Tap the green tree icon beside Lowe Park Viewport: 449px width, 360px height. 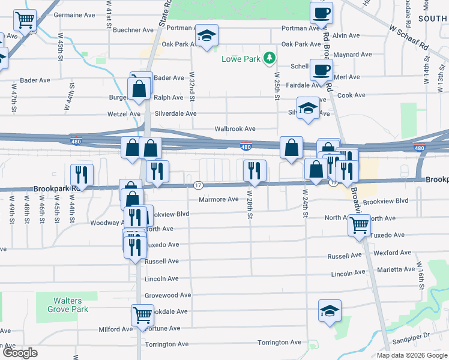tap(271, 58)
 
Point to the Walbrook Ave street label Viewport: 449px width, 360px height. tap(236, 129)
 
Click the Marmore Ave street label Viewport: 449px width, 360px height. tap(218, 199)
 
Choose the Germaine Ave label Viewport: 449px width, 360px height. tap(74, 14)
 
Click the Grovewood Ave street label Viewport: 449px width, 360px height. tap(168, 295)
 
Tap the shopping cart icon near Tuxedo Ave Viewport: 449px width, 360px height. tap(360, 226)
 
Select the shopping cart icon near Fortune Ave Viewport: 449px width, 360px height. tap(142, 314)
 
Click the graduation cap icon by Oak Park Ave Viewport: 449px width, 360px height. tap(207, 37)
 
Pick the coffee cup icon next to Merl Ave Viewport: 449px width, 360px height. tap(321, 70)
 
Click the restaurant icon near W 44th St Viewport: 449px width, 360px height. tap(82, 175)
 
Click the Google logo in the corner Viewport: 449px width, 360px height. tap(20, 353)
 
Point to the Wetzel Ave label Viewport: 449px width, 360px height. tap(124, 113)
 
